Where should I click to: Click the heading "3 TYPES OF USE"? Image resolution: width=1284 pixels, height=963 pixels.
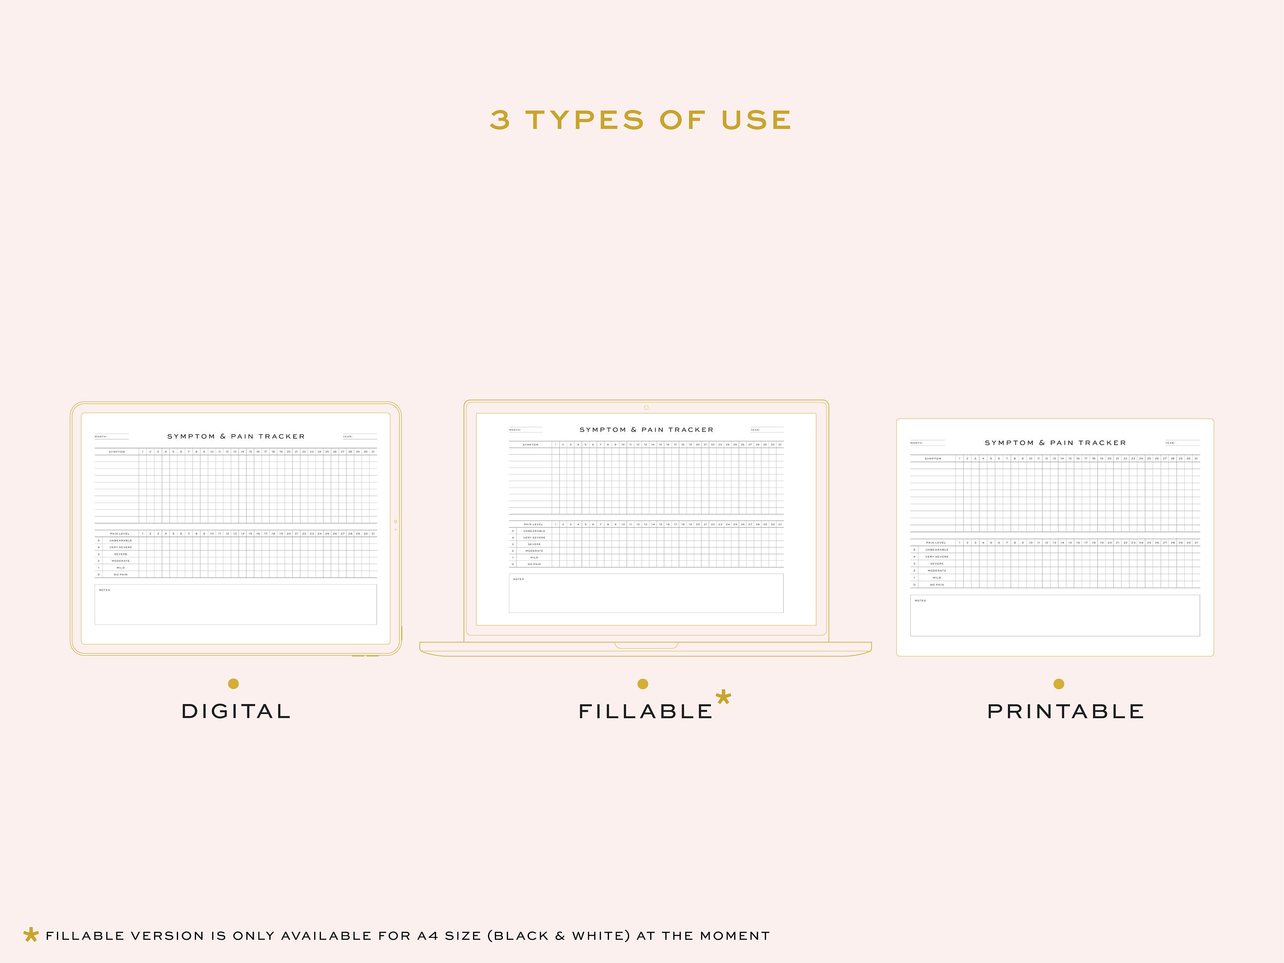641,120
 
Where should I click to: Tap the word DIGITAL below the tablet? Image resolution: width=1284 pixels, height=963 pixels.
236,712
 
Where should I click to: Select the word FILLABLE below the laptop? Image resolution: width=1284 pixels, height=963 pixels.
645,712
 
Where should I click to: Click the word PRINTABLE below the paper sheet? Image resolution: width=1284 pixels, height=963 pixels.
1066,712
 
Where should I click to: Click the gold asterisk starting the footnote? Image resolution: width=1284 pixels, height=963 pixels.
31,935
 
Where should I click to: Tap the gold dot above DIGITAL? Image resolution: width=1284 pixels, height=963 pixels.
233,684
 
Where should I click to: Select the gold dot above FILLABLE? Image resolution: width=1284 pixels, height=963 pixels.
642,684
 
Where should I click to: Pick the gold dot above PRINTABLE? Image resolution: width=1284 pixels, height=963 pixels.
1059,684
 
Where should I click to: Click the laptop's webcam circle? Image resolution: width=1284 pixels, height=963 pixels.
646,407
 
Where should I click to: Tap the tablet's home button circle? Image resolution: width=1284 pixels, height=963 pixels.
395,522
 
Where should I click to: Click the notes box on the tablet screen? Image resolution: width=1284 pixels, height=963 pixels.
236,605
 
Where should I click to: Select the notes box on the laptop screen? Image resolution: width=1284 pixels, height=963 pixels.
646,593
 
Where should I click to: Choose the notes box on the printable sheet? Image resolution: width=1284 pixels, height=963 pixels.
1055,615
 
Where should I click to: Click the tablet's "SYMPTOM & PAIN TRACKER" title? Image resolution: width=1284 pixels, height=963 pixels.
236,437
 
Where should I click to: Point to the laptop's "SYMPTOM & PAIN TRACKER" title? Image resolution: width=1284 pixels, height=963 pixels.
646,430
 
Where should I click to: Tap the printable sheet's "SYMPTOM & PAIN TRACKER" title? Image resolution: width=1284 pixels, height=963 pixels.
1055,443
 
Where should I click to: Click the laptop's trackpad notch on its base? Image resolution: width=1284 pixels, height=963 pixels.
646,645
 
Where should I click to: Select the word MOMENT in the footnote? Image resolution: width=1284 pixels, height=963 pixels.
734,936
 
